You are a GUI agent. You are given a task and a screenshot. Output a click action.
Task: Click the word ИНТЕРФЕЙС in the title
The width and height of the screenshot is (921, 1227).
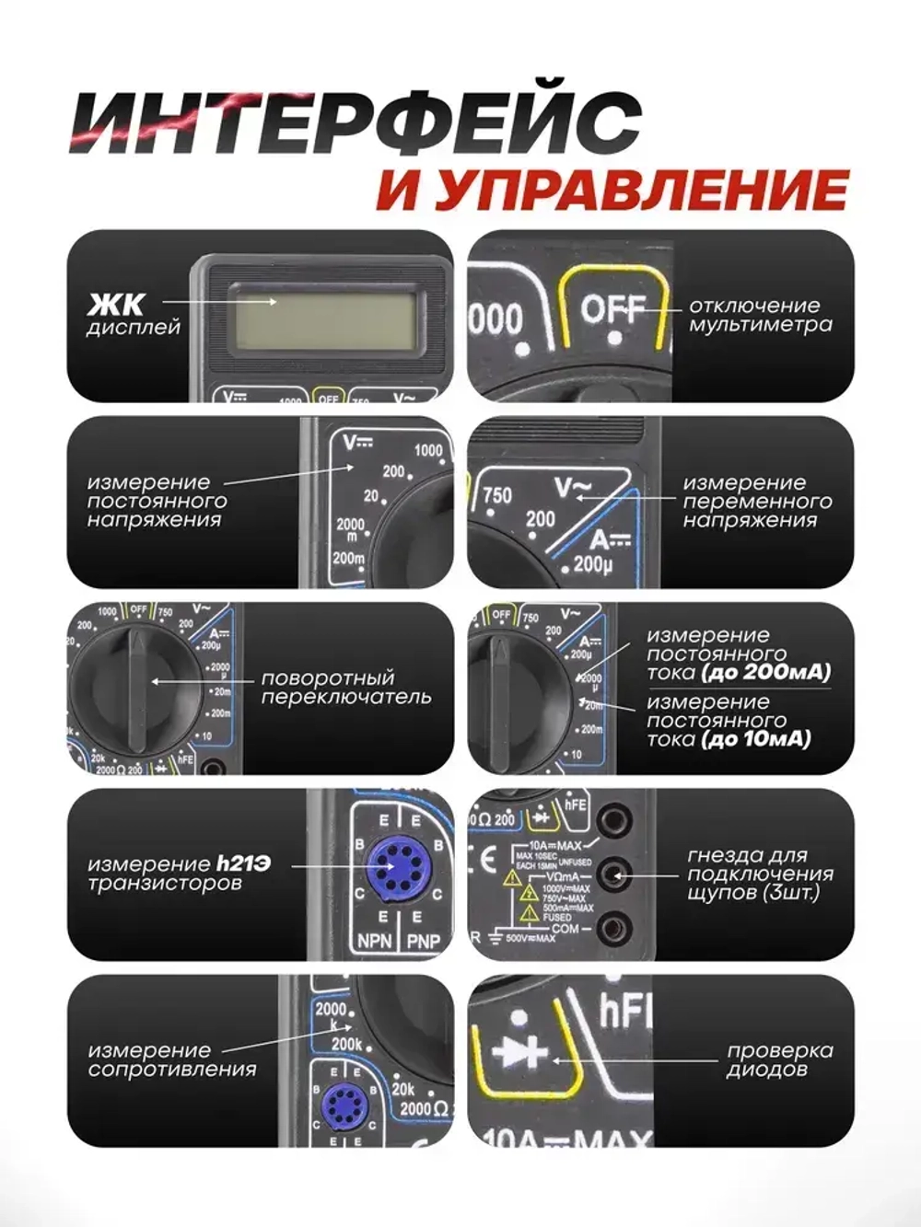(355, 122)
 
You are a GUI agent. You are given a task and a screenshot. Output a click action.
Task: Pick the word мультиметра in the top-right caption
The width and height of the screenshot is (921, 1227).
(761, 324)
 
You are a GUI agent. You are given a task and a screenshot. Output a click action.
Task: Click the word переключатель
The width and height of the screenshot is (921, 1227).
(346, 697)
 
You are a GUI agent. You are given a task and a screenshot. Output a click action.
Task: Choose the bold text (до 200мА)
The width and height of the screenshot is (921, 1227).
(765, 672)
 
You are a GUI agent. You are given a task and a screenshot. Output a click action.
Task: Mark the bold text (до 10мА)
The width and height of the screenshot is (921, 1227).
(755, 738)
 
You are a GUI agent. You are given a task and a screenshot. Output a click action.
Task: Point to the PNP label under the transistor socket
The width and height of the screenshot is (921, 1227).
(424, 941)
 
